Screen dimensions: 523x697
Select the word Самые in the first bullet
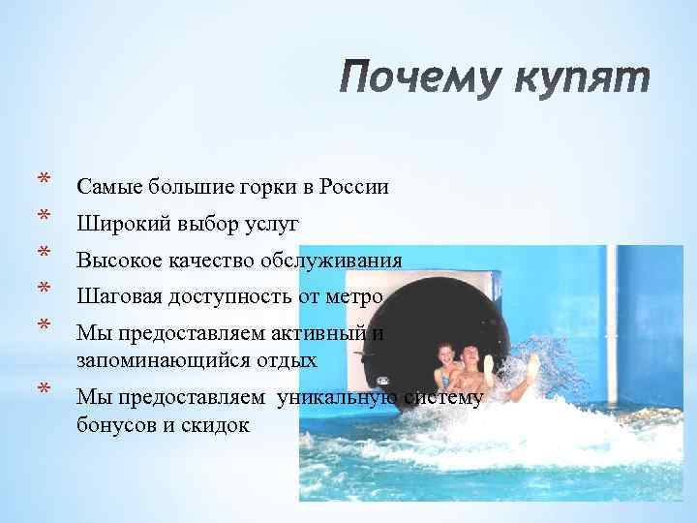[x=107, y=186]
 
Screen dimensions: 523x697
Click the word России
[x=351, y=186]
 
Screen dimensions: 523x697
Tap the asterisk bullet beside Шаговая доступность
[x=44, y=289]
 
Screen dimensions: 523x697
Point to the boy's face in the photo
[x=471, y=357]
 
